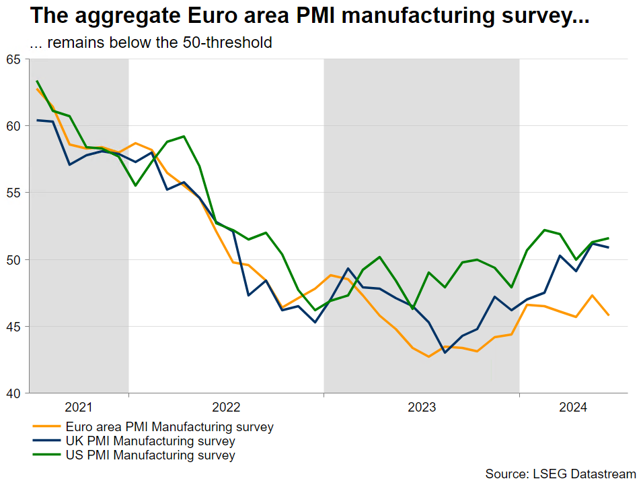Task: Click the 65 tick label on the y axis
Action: click(14, 59)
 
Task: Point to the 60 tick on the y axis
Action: click(14, 126)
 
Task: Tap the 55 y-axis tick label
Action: click(14, 193)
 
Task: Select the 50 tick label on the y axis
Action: click(14, 259)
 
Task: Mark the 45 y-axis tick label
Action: click(14, 326)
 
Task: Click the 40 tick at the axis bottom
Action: click(14, 393)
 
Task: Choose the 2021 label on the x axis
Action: click(79, 408)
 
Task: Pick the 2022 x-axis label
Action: click(226, 408)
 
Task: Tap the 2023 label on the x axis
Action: click(422, 408)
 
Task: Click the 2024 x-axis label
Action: click(573, 408)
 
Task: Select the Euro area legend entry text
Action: click(169, 427)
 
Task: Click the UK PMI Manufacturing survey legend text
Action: click(150, 441)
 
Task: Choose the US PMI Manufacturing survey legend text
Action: click(150, 455)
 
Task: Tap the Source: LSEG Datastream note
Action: click(560, 474)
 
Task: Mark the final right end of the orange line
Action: click(609, 315)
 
